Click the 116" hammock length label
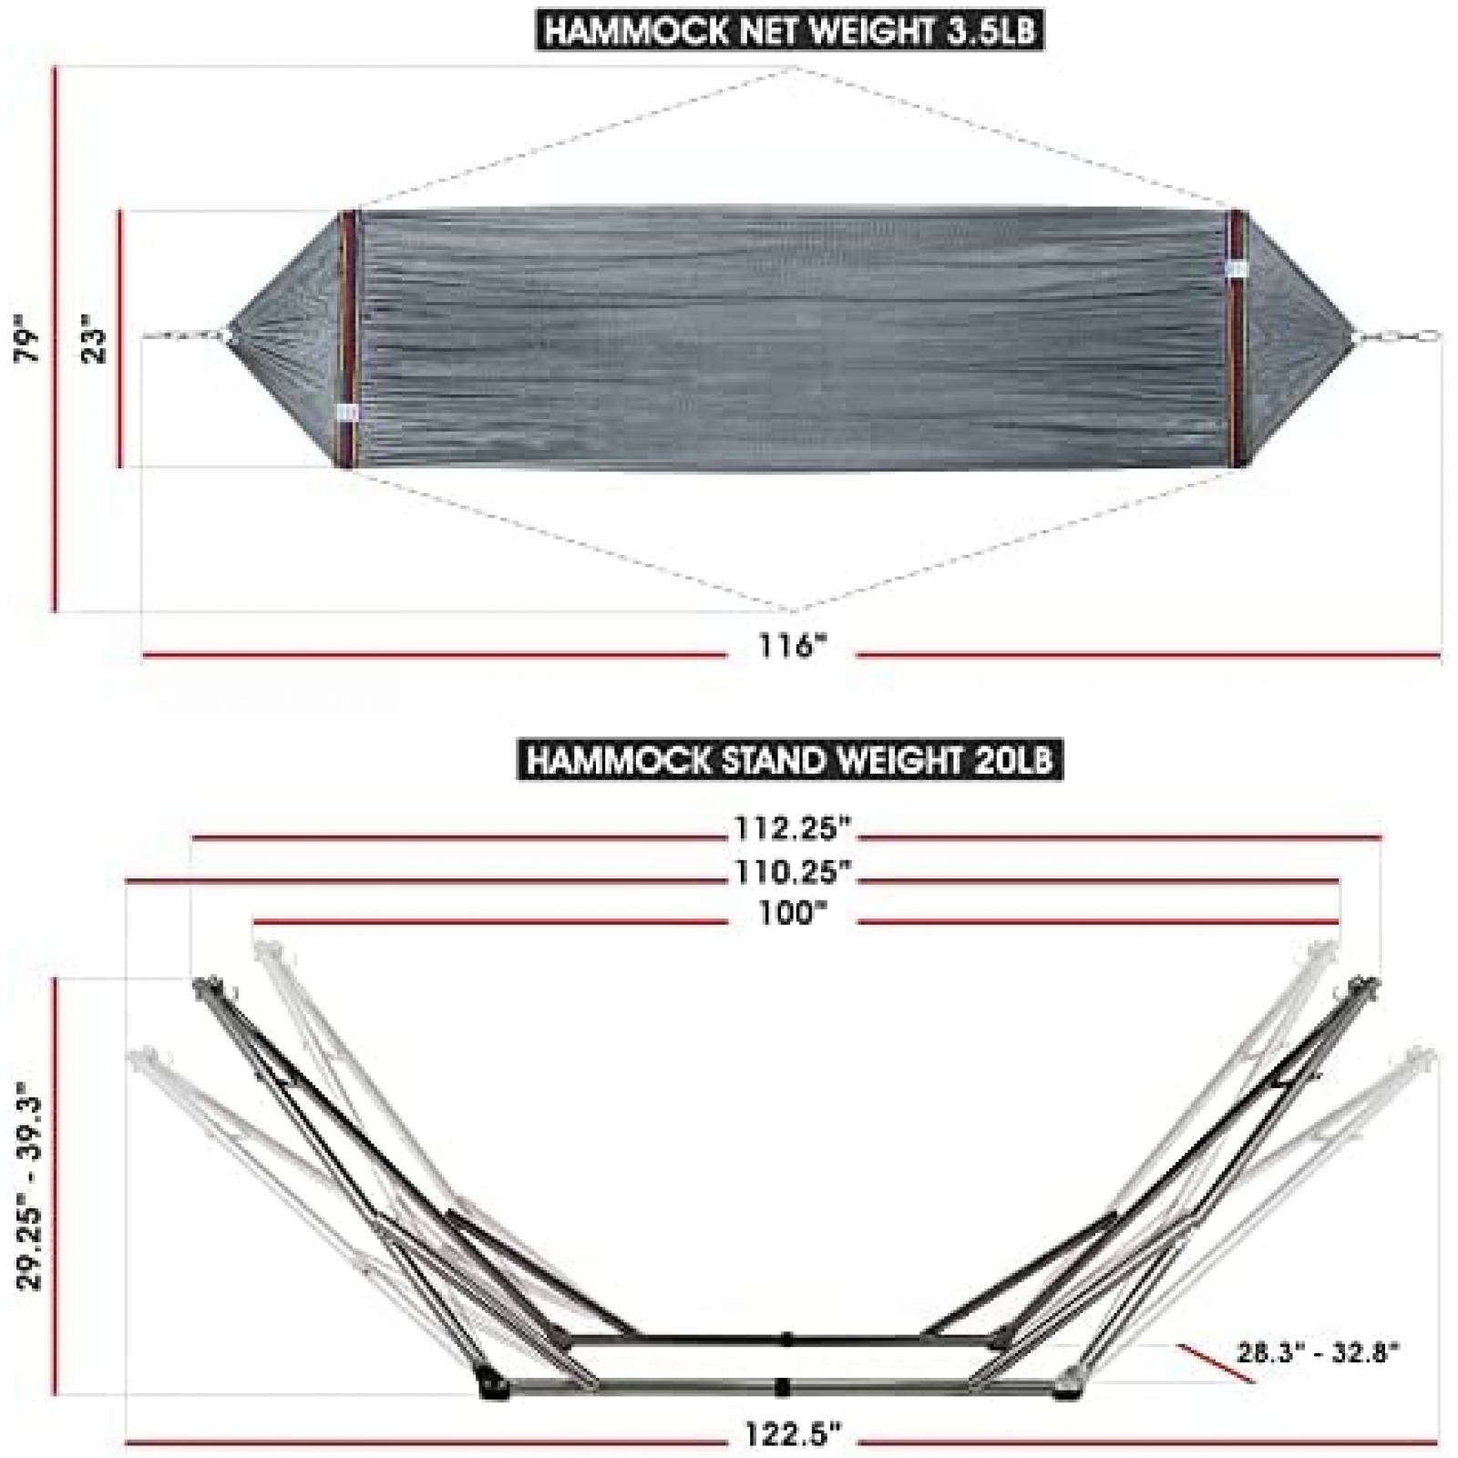point(791,647)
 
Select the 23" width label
point(95,339)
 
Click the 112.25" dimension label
point(792,829)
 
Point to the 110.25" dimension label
point(792,872)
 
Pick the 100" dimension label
point(792,913)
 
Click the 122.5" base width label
point(791,1435)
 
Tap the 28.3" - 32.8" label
point(1318,1351)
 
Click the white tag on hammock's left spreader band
point(347,412)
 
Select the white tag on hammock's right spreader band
point(1237,267)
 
